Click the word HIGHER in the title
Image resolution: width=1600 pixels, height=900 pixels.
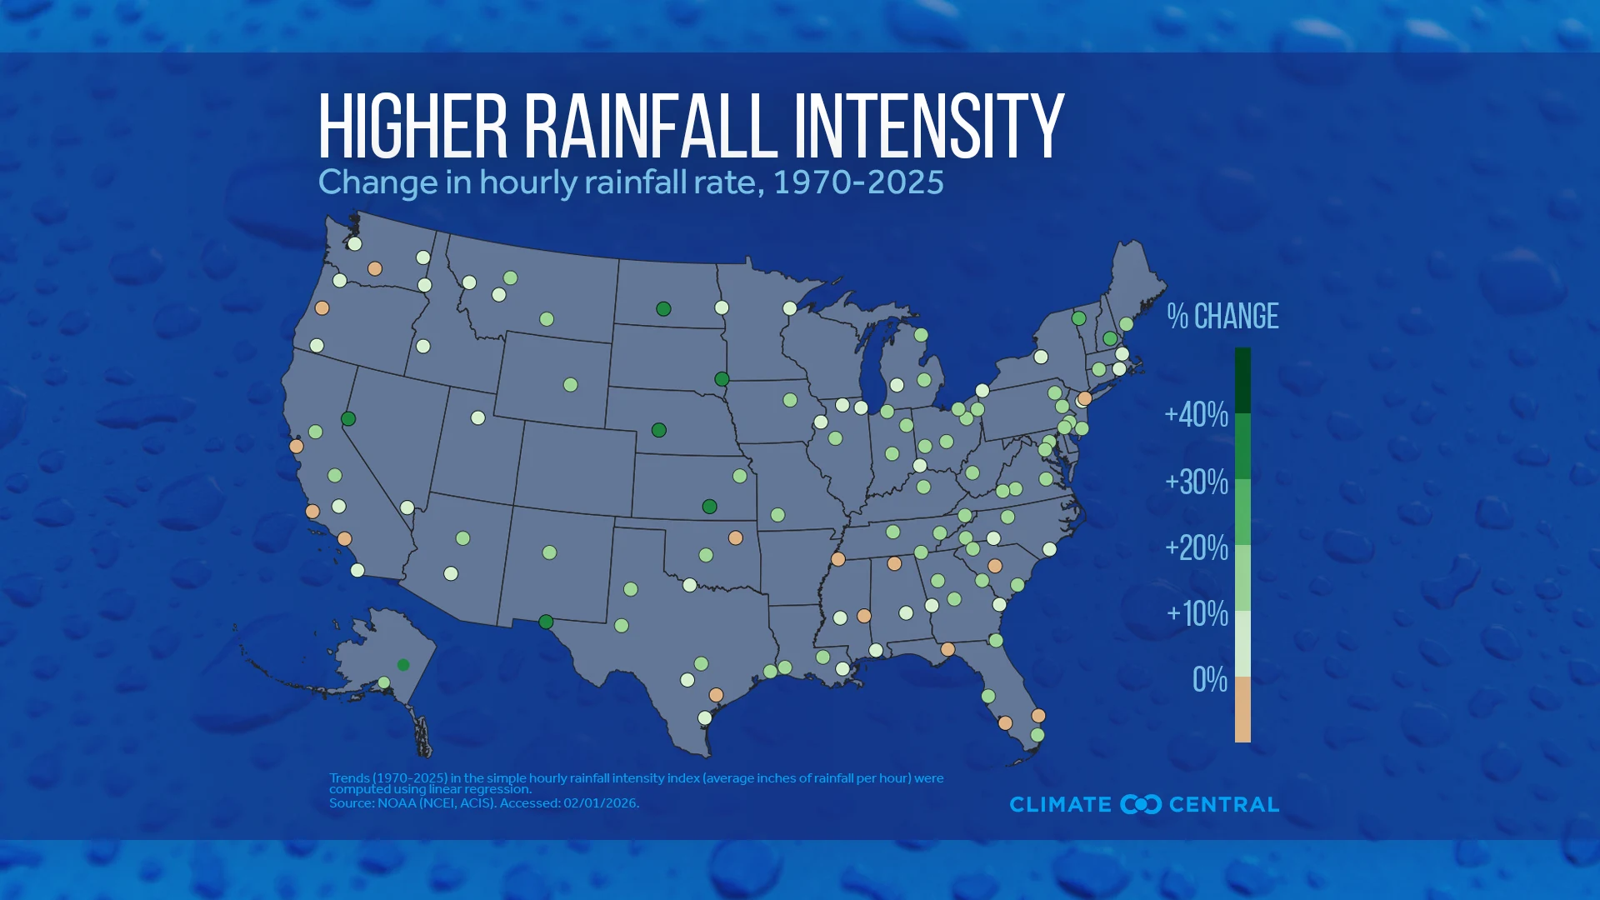pyautogui.click(x=412, y=126)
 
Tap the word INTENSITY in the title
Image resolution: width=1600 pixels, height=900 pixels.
pyautogui.click(x=928, y=126)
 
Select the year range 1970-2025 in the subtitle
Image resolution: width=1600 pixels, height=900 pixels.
pyautogui.click(x=858, y=182)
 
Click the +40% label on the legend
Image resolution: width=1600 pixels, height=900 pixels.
pyautogui.click(x=1197, y=414)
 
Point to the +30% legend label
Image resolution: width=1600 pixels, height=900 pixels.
pyautogui.click(x=1197, y=482)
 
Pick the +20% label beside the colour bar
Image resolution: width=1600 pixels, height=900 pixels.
pyautogui.click(x=1197, y=547)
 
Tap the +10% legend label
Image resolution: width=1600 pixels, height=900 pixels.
pyautogui.click(x=1197, y=614)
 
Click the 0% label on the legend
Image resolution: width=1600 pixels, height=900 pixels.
pyautogui.click(x=1210, y=680)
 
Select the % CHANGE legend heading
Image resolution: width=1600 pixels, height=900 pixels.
pyautogui.click(x=1222, y=317)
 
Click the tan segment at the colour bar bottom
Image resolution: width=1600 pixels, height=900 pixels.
pyautogui.click(x=1242, y=709)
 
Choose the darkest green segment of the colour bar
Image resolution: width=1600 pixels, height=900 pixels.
pyautogui.click(x=1242, y=380)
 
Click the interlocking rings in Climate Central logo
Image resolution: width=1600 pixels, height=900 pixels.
pyautogui.click(x=1141, y=804)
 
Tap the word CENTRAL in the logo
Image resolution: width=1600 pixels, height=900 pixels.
pyautogui.click(x=1223, y=804)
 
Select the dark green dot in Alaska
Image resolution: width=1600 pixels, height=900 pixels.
pyautogui.click(x=403, y=665)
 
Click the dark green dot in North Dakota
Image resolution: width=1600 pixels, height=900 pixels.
pyautogui.click(x=663, y=309)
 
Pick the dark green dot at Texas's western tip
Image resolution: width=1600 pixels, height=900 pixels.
pyautogui.click(x=546, y=622)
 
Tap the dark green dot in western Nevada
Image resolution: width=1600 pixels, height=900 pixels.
pyautogui.click(x=348, y=418)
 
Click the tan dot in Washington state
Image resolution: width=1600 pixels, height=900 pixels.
pyautogui.click(x=375, y=268)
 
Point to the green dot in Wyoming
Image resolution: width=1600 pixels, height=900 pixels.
pyautogui.click(x=570, y=385)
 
